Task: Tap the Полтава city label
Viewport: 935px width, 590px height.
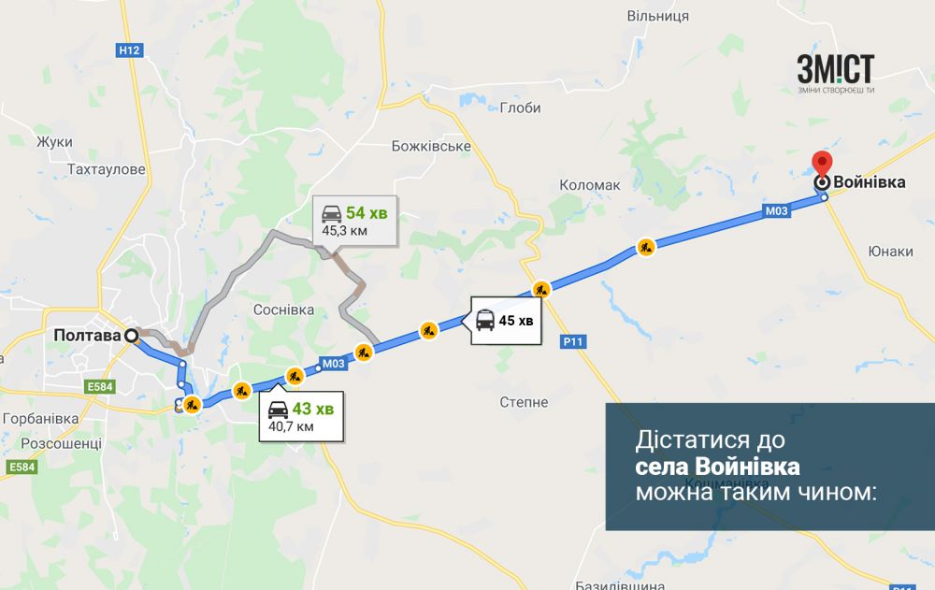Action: pos(88,335)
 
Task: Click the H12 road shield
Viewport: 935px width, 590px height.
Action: pos(130,50)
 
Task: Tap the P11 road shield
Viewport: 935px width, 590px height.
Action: pos(573,342)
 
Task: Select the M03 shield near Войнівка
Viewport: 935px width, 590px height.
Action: pos(777,212)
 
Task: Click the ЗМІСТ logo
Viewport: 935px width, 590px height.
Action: pos(835,71)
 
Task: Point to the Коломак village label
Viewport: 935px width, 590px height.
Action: pos(589,185)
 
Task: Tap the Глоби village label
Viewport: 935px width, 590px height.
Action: pos(520,108)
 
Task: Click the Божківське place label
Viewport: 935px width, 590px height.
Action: pos(430,147)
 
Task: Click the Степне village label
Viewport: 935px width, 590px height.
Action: pos(524,402)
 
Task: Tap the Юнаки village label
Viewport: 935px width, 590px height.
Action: pos(890,251)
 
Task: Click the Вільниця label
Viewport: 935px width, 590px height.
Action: pos(657,16)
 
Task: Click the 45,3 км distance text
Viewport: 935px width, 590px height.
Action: pos(344,229)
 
